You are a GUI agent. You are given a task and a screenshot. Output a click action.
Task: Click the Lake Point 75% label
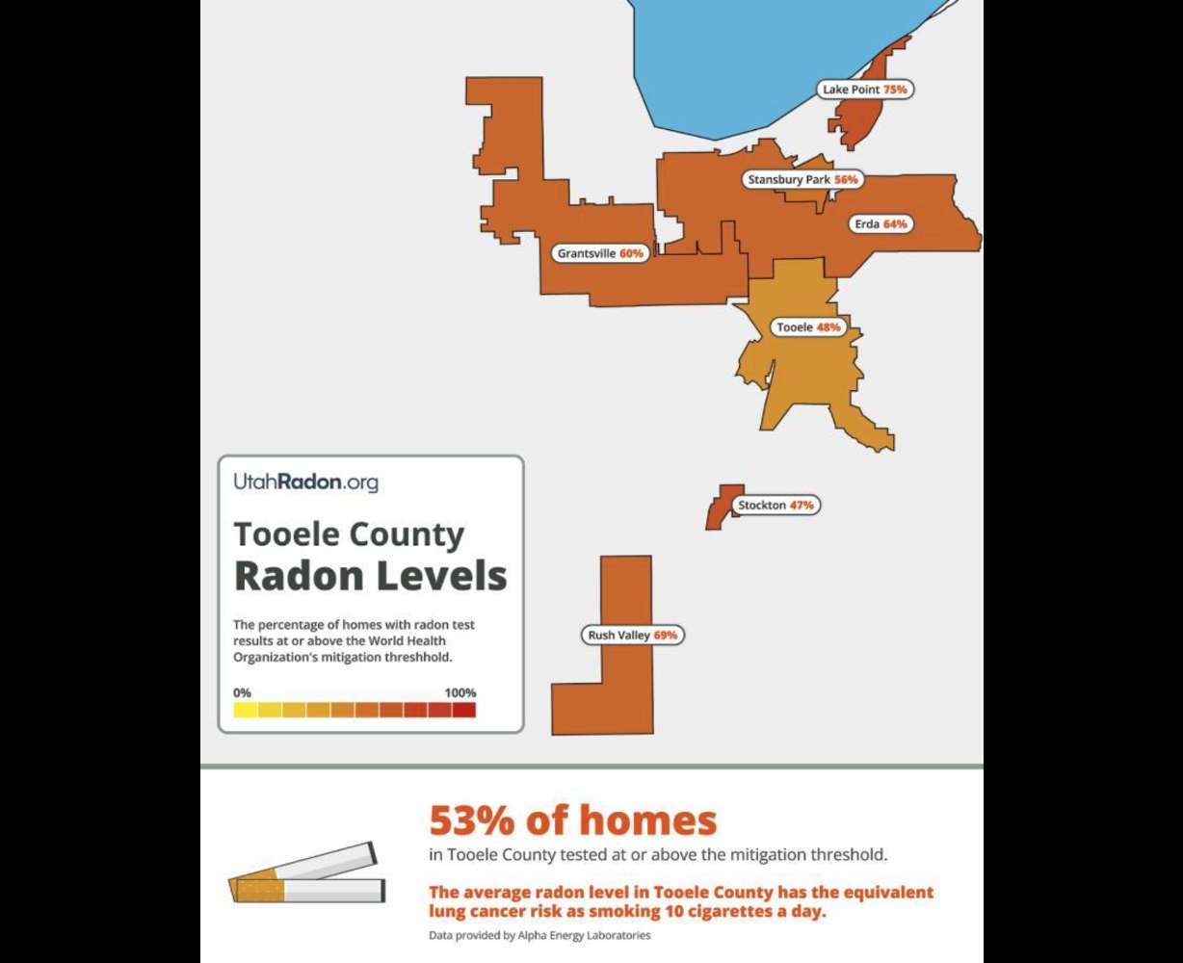tap(865, 90)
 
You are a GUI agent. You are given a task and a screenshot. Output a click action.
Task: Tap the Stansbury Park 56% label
tap(802, 180)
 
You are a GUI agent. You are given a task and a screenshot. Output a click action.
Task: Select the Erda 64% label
tap(881, 224)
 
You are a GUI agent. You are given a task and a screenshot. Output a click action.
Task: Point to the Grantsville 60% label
tap(599, 254)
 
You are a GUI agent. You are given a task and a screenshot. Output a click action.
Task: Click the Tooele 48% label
tap(808, 327)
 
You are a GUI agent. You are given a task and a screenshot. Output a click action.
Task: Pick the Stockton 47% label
tap(776, 506)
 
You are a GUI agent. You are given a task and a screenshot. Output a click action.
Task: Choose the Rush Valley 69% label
tap(632, 636)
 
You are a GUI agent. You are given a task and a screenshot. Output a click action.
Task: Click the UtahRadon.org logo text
tap(305, 482)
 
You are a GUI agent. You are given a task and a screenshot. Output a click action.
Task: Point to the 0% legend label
tap(242, 692)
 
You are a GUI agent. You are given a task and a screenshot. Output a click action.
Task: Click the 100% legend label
tap(460, 692)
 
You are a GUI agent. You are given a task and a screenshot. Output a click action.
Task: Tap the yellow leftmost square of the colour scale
tap(245, 711)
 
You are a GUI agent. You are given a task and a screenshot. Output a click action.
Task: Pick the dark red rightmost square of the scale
tap(464, 711)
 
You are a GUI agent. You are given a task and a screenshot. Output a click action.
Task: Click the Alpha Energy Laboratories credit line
tap(539, 935)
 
